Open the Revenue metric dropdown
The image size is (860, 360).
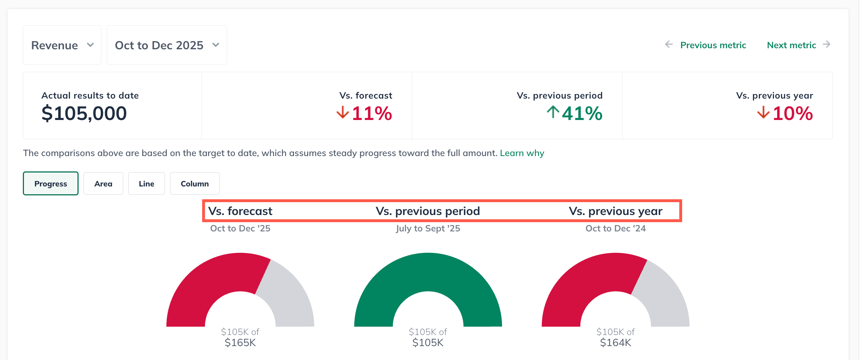tap(62, 45)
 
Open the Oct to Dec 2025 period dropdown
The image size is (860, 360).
tap(167, 45)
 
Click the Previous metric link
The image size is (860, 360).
tap(713, 45)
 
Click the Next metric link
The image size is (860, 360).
tap(791, 45)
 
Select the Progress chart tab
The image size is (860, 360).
tap(51, 184)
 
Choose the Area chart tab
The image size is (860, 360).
tap(103, 184)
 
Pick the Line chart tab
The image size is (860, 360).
tap(146, 184)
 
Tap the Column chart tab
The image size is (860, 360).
tap(195, 184)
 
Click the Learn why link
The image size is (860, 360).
tap(522, 153)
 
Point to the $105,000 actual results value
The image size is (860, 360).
tap(84, 114)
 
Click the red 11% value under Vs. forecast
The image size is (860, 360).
tap(372, 114)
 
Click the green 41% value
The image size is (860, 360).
tap(582, 114)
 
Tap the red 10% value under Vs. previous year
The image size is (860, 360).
tap(792, 114)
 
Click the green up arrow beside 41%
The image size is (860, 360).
tap(553, 112)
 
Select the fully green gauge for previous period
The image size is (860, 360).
tap(428, 271)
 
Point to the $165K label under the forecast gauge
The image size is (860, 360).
tap(240, 343)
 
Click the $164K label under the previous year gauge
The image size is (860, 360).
tap(616, 343)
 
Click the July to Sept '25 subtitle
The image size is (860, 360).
tap(428, 229)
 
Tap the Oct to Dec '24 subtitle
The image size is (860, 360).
tap(616, 229)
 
